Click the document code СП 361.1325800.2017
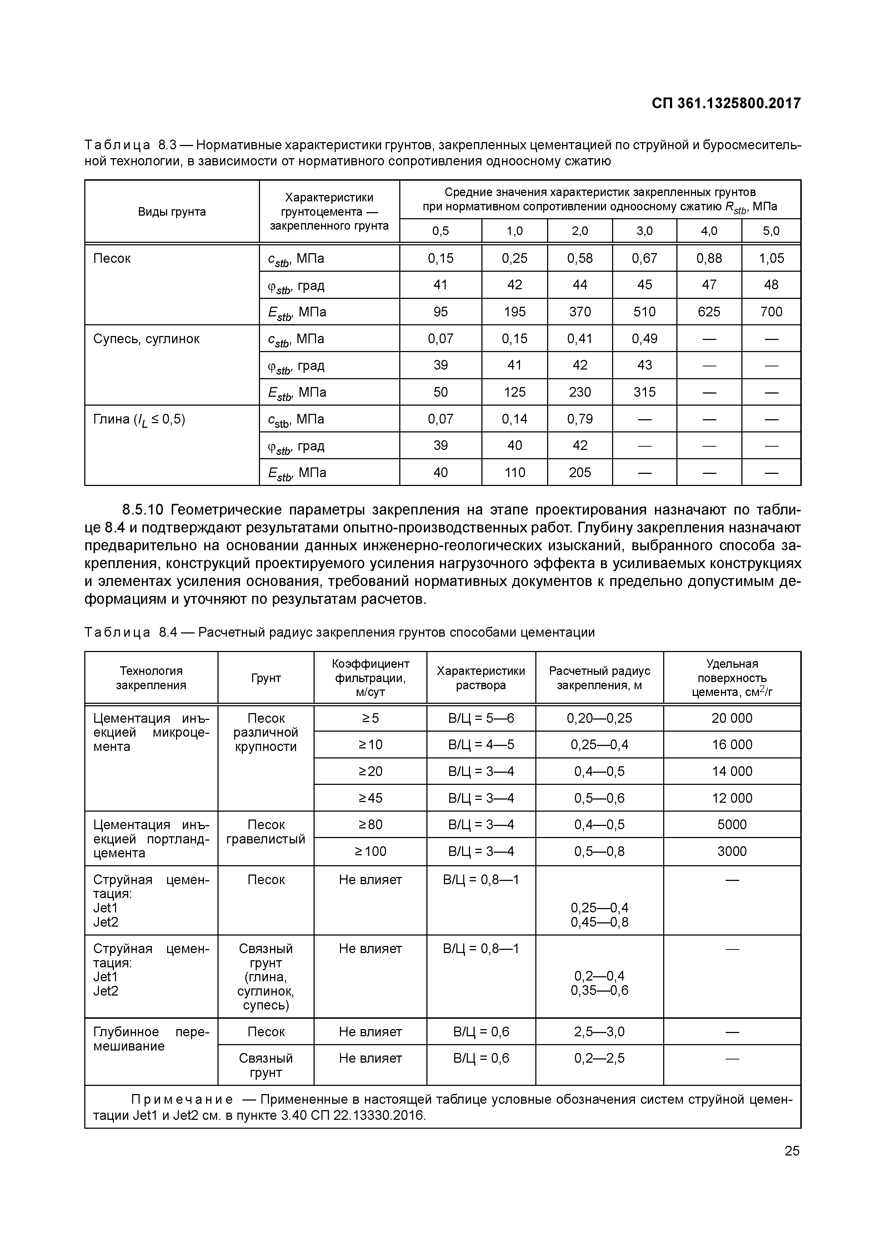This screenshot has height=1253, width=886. point(726,103)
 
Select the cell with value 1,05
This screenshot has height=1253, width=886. point(771,258)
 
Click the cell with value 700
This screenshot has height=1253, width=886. point(771,312)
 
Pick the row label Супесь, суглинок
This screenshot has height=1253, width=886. point(146,339)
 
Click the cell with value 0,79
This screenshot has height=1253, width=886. point(579,419)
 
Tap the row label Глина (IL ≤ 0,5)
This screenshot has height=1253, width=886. point(139,420)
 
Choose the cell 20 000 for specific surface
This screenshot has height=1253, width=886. point(731,718)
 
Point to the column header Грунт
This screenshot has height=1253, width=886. point(266,678)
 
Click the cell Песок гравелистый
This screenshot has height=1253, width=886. point(266,832)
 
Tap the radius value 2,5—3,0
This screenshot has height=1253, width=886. point(599,1032)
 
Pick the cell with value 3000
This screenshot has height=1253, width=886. point(731,851)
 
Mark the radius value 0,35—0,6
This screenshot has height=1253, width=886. point(599,990)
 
